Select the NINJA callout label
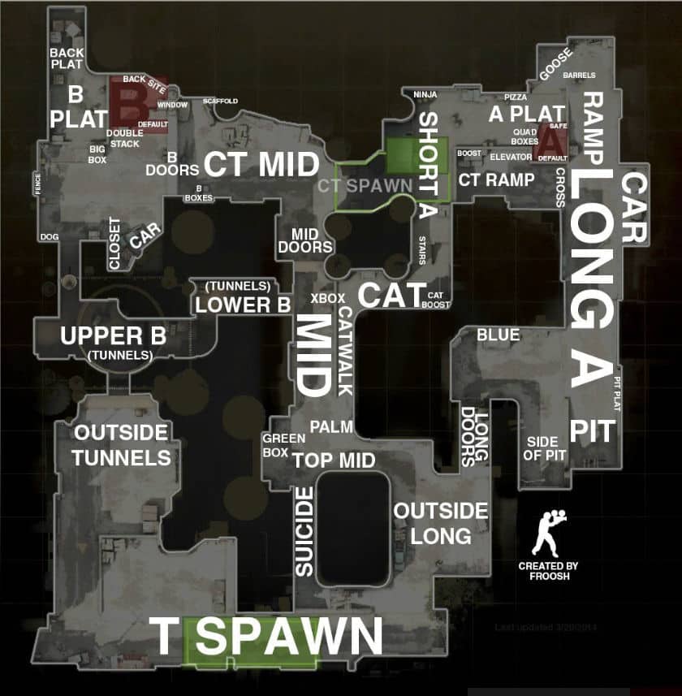coord(425,94)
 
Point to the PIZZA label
coord(516,97)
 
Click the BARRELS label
coord(579,76)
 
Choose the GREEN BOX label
coord(283,446)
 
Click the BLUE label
coord(499,335)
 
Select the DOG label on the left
coord(49,237)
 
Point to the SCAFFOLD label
coord(221,101)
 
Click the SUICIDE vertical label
coord(304,532)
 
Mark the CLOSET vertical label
coord(114,243)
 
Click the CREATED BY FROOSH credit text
coord(548,570)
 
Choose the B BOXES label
coord(198,192)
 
